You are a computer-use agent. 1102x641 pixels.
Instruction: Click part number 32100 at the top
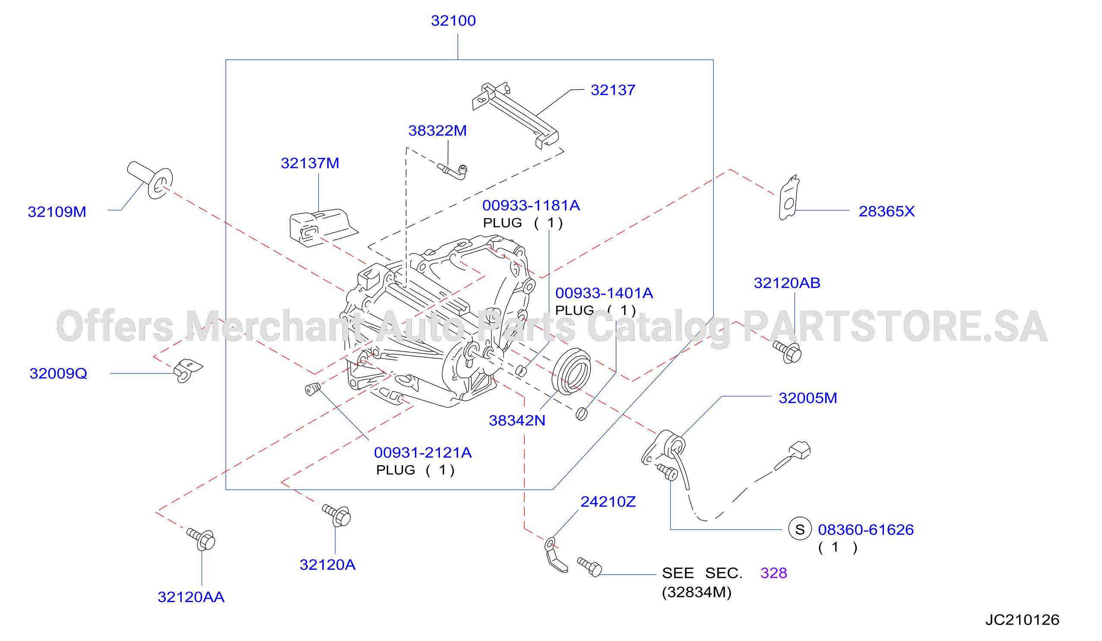(x=453, y=21)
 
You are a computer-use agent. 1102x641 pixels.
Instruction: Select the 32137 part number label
(x=613, y=90)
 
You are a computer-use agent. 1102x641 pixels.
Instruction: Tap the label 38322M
(x=437, y=130)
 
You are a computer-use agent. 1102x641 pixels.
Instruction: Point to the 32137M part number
(x=309, y=163)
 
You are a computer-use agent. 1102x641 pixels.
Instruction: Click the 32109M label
(x=57, y=212)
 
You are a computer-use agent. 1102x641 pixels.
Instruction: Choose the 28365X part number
(x=887, y=211)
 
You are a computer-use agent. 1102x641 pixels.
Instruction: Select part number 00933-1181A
(x=531, y=205)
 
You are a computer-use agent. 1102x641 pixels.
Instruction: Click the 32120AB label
(x=787, y=283)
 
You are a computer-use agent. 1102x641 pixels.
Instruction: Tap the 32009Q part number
(x=58, y=373)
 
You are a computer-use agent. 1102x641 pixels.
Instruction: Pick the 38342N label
(x=517, y=420)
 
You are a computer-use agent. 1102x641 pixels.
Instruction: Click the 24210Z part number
(x=608, y=502)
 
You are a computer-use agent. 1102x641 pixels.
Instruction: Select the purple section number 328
(x=774, y=573)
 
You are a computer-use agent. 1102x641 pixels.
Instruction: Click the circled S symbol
(x=800, y=530)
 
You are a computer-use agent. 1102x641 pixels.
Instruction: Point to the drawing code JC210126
(x=1022, y=620)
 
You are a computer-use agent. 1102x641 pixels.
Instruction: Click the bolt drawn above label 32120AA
(x=201, y=539)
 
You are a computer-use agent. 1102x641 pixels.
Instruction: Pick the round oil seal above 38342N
(x=571, y=371)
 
